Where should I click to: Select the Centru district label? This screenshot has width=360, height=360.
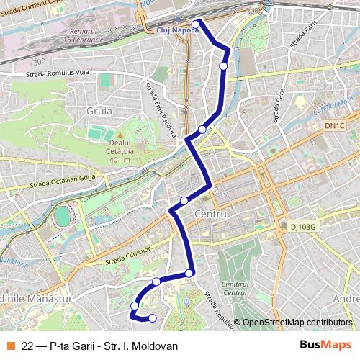coord(211,215)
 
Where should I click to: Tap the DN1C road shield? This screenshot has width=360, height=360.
coord(333,126)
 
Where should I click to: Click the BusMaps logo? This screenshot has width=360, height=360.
coord(326,346)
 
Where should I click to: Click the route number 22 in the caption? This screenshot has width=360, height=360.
coord(27,346)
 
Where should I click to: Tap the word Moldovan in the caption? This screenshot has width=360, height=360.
coord(156,346)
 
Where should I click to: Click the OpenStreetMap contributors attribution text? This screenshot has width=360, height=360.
coord(297,323)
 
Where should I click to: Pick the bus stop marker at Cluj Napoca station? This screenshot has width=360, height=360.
coord(196,23)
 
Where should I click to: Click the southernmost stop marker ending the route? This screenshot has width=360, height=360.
coord(152,318)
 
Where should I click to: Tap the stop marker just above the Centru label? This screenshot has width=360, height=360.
coord(184,200)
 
